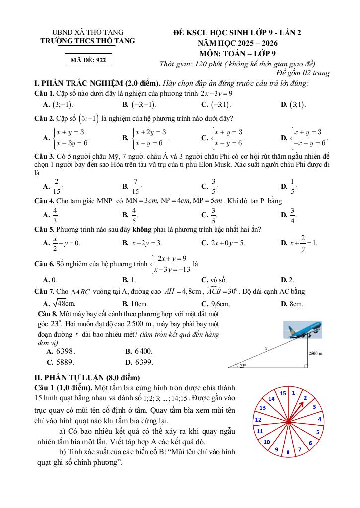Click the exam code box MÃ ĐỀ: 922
88,60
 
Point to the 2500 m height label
315,353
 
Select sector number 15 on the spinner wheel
283,393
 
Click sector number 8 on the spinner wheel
288,452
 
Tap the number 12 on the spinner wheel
258,420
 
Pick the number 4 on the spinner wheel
319,419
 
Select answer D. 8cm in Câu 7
292,303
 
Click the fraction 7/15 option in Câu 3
133,186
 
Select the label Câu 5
44,229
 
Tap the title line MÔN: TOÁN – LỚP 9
237,53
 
